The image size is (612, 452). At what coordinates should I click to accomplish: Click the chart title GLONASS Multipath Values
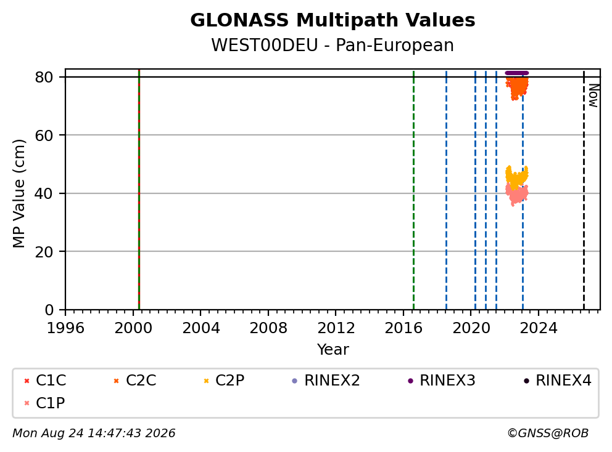tap(333, 20)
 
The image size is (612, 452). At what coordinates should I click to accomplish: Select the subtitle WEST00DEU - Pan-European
tap(333, 45)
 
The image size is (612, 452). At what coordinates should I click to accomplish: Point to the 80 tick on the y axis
tap(44, 77)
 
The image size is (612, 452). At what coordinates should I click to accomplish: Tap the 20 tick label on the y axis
tap(44, 252)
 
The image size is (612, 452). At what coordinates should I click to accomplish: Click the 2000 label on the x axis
tap(133, 328)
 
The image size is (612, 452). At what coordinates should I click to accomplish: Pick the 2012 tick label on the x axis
tap(336, 328)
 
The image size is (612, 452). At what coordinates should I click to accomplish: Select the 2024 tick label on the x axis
tap(539, 328)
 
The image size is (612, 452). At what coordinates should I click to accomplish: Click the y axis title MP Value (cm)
tap(19, 193)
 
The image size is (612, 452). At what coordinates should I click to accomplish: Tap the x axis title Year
tap(333, 350)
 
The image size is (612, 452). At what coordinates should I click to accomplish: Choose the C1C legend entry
tap(45, 381)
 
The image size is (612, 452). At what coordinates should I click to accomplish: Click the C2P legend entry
tap(224, 381)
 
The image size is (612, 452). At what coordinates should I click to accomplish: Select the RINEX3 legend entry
tap(441, 381)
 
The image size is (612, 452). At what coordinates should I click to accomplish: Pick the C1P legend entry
tap(44, 403)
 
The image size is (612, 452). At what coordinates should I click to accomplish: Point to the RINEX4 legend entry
tap(557, 381)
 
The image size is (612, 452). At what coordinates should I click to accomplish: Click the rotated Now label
tap(593, 95)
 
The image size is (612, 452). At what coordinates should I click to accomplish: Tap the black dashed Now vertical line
tap(584, 190)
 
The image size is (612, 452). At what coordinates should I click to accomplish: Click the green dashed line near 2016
tap(414, 190)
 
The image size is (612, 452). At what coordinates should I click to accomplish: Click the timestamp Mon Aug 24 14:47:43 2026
tap(94, 434)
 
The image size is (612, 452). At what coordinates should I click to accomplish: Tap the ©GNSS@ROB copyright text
tap(548, 434)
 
